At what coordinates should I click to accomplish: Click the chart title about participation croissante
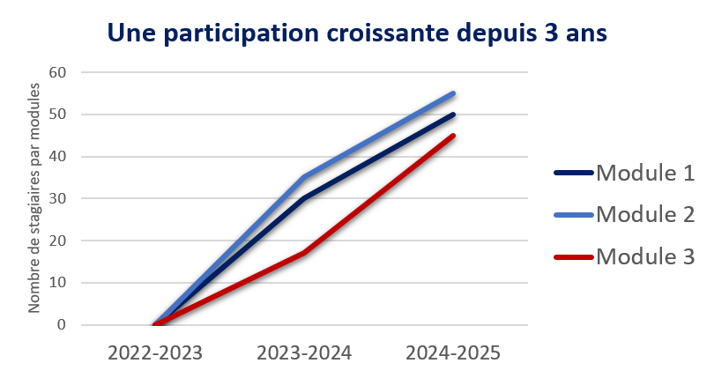click(357, 33)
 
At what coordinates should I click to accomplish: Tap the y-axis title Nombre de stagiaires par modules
click(35, 198)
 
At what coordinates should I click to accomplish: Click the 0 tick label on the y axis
click(62, 325)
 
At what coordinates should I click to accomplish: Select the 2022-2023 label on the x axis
click(155, 353)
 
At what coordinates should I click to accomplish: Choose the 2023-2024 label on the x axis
click(304, 353)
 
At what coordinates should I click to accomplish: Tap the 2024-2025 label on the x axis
click(453, 353)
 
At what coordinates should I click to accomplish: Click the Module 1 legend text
click(645, 173)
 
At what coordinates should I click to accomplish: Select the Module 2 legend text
click(645, 214)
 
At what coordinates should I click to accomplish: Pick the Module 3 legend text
click(645, 256)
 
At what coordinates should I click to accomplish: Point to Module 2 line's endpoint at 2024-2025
click(453, 93)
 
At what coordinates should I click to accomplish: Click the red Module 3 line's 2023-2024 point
click(304, 253)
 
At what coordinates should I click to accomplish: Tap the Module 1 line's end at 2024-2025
click(453, 115)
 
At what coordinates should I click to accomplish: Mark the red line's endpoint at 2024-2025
click(453, 136)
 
